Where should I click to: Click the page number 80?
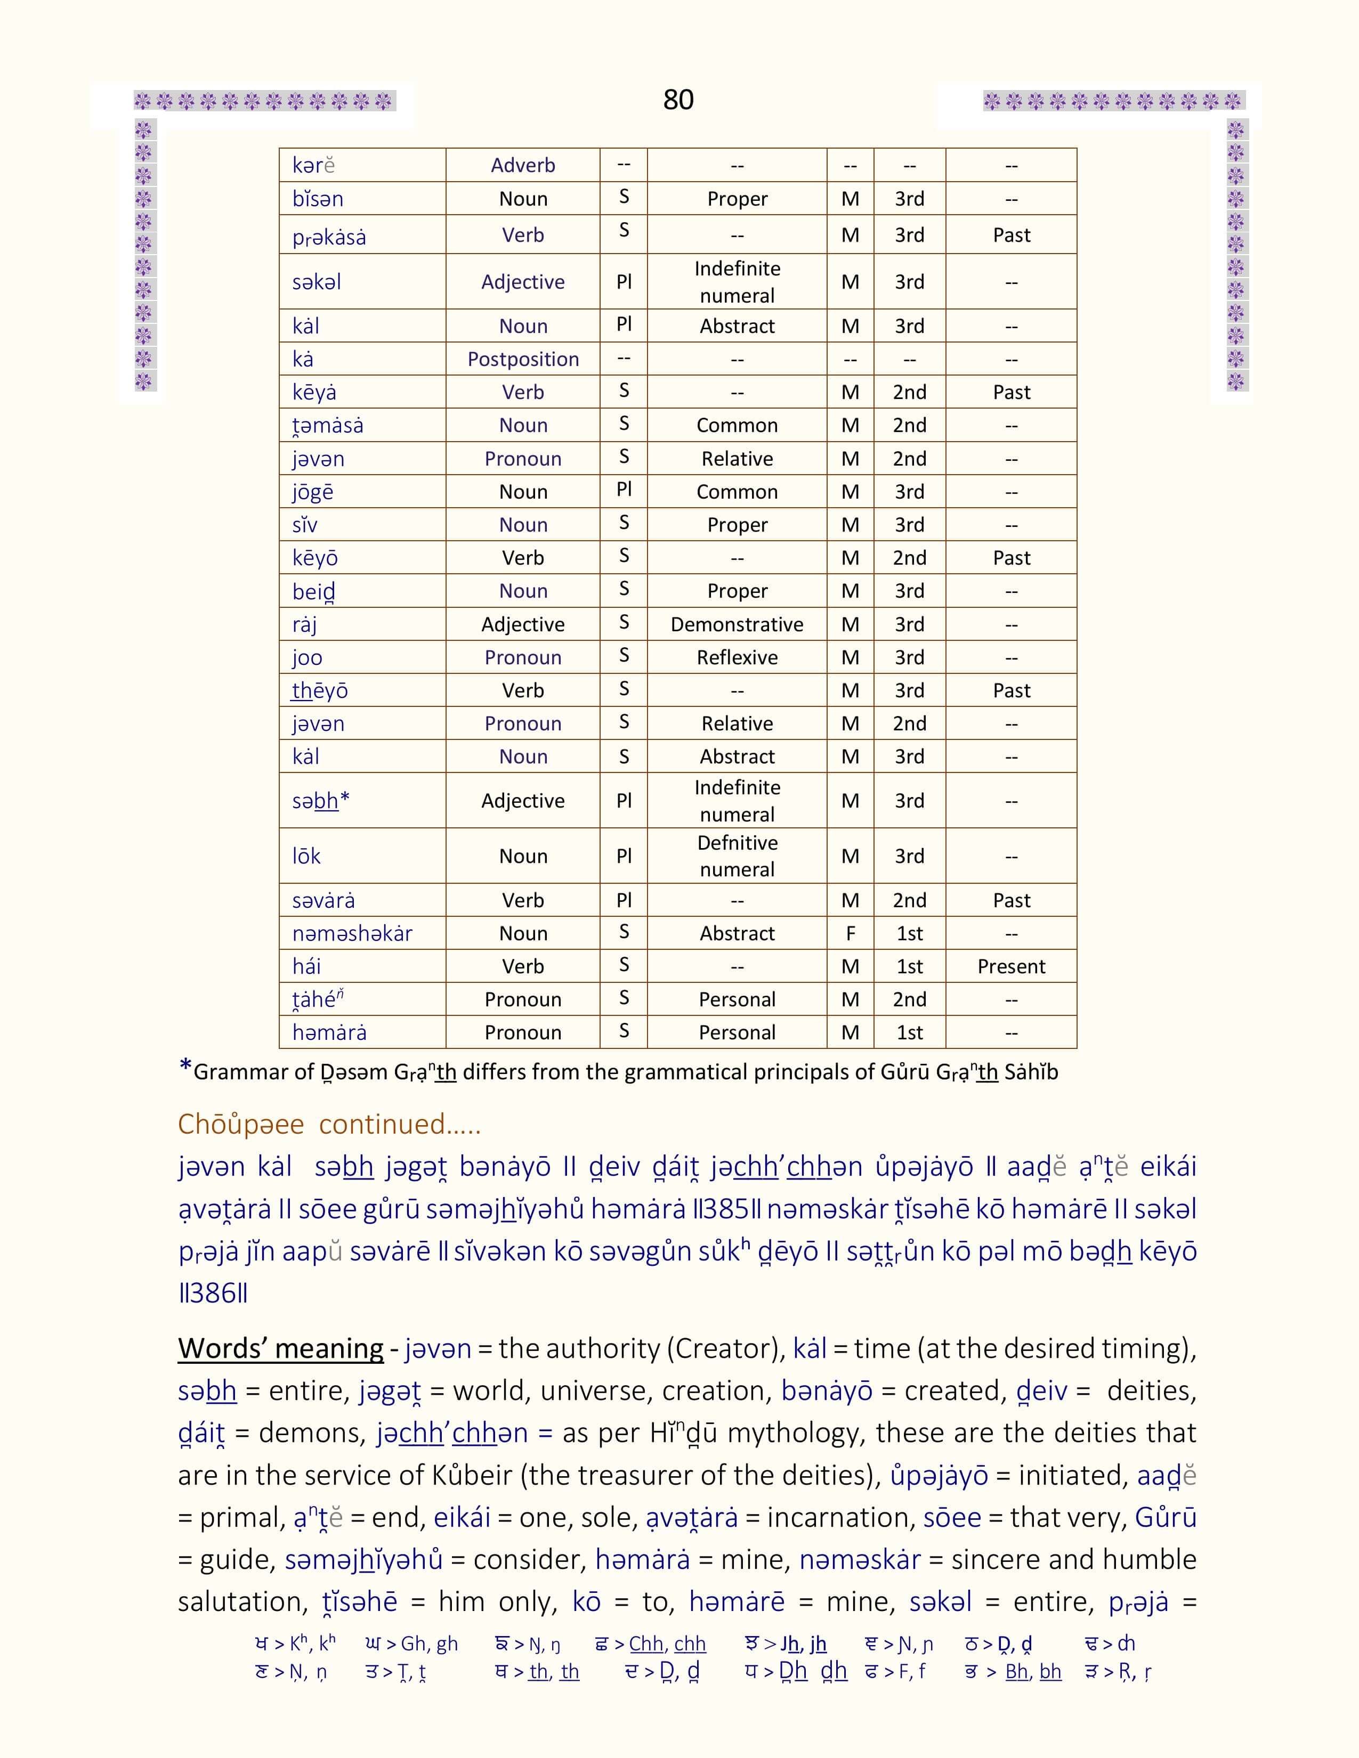[678, 100]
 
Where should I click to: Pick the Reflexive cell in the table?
[737, 657]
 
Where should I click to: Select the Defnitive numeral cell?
[737, 856]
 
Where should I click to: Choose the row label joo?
[307, 657]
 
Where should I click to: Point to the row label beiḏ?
[313, 592]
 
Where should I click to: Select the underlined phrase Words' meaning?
[280, 1348]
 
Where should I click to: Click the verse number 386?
[213, 1293]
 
